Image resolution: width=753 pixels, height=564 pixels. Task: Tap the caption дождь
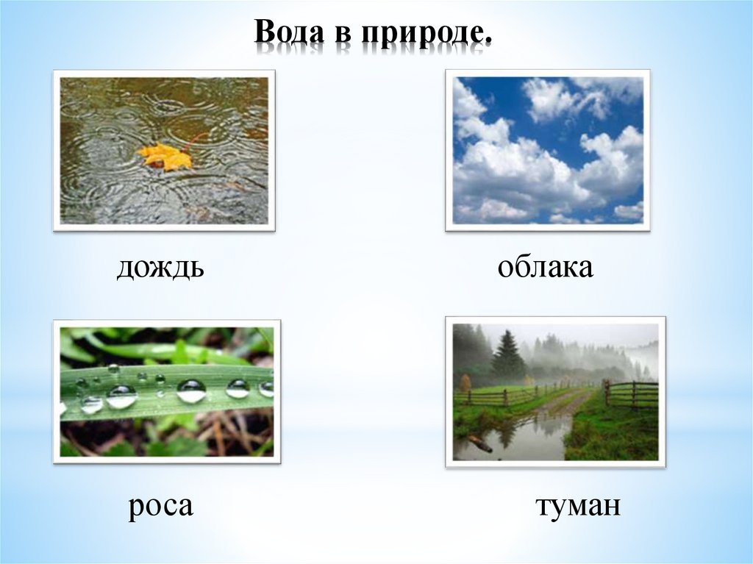pos(160,268)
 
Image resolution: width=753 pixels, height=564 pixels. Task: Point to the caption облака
pos(545,267)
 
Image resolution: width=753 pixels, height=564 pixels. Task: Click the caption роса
pos(161,506)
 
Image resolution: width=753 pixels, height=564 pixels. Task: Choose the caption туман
pos(578,506)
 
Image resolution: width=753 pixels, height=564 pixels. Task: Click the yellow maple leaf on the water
pos(165,157)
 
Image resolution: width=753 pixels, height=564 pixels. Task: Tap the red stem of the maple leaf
pos(198,138)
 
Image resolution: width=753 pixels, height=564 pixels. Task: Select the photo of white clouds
pos(548,150)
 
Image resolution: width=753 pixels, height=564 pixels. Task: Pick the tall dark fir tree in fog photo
pos(506,354)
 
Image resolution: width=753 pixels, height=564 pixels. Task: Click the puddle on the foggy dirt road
pos(514,435)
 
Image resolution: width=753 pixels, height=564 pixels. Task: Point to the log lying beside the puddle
pos(479,443)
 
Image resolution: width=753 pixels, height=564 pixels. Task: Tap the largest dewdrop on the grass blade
pos(191,390)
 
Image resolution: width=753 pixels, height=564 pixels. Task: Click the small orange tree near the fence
pos(465,383)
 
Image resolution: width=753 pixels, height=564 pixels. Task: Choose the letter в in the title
pos(343,35)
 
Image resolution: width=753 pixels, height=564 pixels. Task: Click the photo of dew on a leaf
pos(167,391)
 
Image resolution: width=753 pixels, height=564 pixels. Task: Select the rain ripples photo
pos(164,150)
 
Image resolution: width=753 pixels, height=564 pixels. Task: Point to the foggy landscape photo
pos(556,392)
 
